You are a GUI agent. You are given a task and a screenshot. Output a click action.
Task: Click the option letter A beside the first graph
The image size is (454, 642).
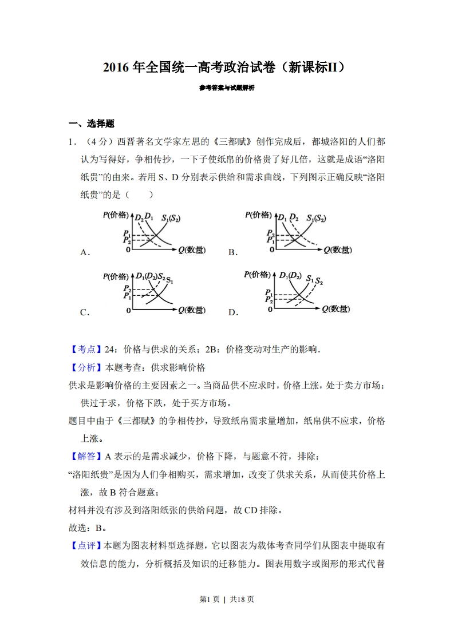click(84, 252)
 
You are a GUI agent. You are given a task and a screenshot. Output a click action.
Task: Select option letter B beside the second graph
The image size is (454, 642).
click(232, 252)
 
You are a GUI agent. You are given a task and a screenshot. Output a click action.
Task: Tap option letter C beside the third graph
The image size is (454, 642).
click(84, 312)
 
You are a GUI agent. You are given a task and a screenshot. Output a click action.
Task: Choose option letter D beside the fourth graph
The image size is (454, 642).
click(232, 312)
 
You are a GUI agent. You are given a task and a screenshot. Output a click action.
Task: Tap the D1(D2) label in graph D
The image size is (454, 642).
click(290, 276)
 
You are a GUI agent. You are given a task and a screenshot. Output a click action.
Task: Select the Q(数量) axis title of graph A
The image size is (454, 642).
click(192, 250)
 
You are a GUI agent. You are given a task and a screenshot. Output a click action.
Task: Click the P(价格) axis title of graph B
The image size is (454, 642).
click(259, 215)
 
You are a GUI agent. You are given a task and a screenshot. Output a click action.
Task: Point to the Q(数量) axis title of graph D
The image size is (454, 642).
click(335, 309)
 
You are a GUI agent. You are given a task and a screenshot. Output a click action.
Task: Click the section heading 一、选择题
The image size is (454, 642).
click(92, 123)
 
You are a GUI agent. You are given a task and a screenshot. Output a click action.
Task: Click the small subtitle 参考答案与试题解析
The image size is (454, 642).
click(227, 88)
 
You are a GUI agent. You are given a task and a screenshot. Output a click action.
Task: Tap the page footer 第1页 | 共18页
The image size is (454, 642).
click(227, 599)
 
